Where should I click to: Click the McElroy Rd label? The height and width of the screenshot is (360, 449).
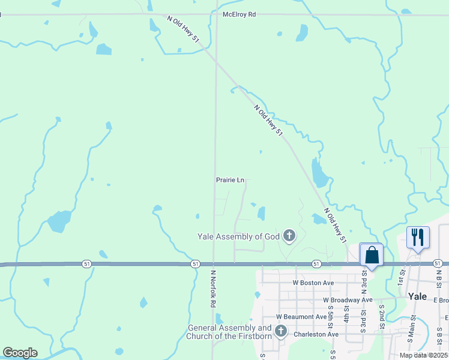tap(239, 14)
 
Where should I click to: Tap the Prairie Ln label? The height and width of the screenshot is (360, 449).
tap(231, 180)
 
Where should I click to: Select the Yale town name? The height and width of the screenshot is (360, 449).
tap(417, 296)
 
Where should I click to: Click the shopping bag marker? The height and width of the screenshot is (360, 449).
tap(372, 255)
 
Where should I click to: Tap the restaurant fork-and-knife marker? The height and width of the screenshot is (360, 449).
tap(418, 237)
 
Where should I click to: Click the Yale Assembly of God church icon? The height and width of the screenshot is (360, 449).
tap(289, 236)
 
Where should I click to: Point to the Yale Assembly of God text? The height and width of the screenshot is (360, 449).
tap(239, 236)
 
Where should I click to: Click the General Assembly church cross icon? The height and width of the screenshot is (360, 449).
tap(280, 331)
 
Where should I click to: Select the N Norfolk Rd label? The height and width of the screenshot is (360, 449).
tap(212, 288)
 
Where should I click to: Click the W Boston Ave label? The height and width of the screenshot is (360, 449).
tap(313, 282)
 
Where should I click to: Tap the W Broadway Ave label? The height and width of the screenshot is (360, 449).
tap(348, 299)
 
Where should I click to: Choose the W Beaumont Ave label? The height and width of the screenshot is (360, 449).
tap(301, 316)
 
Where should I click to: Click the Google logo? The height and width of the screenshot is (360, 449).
tap(20, 353)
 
